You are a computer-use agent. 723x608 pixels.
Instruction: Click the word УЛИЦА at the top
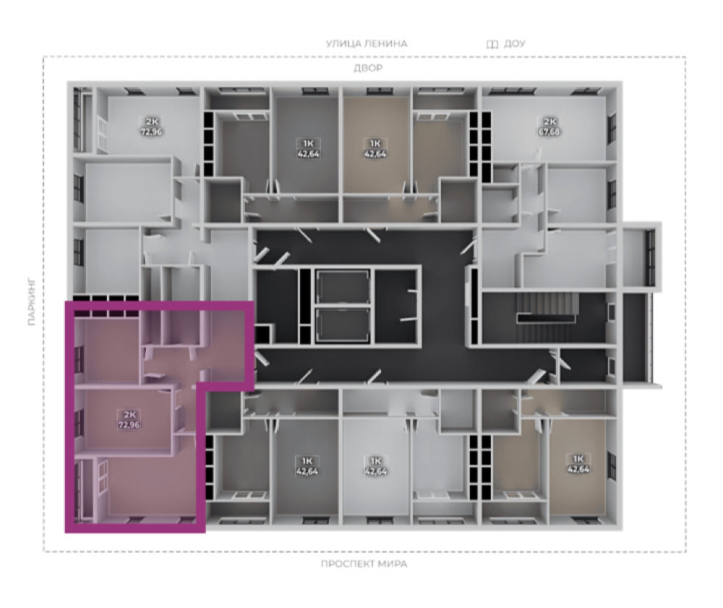click(x=343, y=44)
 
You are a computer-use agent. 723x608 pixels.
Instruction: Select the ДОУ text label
click(x=515, y=44)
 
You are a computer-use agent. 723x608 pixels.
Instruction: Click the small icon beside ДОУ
click(x=492, y=44)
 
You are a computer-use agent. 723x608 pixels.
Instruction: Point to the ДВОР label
click(x=369, y=68)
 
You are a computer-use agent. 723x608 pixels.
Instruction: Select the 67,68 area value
click(x=549, y=132)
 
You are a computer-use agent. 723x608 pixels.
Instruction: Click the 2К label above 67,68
click(x=549, y=122)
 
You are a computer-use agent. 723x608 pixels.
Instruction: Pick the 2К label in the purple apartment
click(x=129, y=415)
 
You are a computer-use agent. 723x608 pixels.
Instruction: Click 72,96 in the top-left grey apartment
click(x=151, y=132)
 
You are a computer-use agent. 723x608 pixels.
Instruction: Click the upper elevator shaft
click(x=343, y=286)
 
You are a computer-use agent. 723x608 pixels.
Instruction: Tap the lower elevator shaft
click(x=343, y=324)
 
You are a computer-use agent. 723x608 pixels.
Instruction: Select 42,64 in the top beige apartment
click(x=376, y=153)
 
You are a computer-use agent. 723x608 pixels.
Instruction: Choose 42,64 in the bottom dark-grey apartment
click(x=307, y=471)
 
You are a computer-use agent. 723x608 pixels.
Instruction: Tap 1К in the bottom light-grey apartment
click(x=376, y=461)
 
